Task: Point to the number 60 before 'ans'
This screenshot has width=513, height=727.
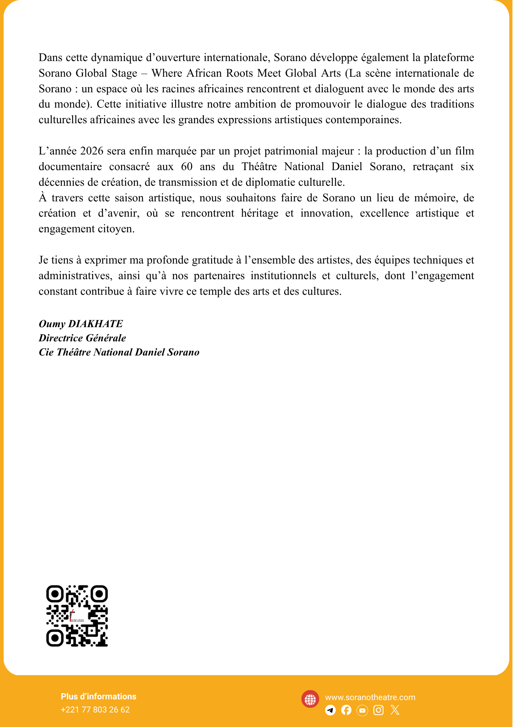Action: pyautogui.click(x=187, y=166)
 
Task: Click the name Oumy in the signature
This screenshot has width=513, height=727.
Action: pyautogui.click(x=52, y=324)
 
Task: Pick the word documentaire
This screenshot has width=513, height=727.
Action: pyautogui.click(x=70, y=166)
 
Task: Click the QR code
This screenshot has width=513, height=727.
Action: pyautogui.click(x=77, y=615)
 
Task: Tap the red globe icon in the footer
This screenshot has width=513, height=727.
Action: pyautogui.click(x=310, y=699)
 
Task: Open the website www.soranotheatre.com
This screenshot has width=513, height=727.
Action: pyautogui.click(x=370, y=697)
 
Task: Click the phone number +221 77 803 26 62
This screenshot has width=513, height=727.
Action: pyautogui.click(x=95, y=710)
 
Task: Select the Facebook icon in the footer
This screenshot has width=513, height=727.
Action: pyautogui.click(x=346, y=710)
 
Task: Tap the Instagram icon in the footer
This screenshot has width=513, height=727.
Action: pyautogui.click(x=378, y=710)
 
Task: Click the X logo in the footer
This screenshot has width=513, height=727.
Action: pyautogui.click(x=395, y=710)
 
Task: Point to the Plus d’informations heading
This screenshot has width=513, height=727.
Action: pyautogui.click(x=99, y=696)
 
